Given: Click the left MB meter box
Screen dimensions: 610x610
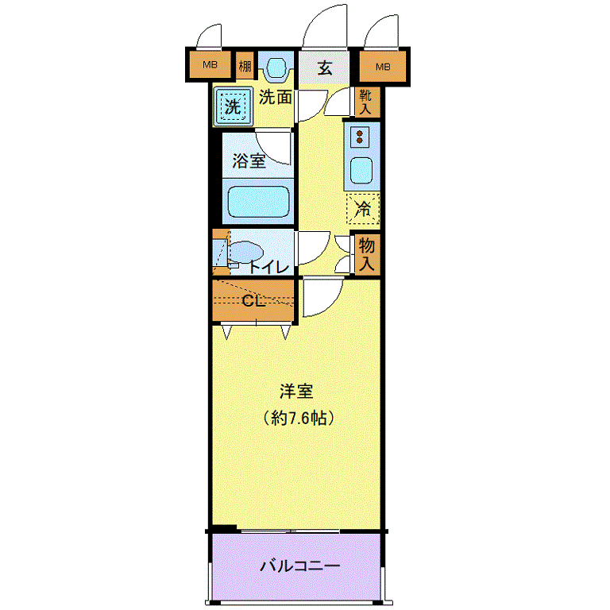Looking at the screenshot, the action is click(x=210, y=64).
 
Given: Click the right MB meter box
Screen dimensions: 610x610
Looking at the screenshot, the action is click(x=383, y=67).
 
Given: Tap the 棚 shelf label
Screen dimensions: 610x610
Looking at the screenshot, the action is click(x=245, y=65).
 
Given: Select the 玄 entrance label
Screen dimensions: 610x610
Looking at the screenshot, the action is click(x=325, y=68).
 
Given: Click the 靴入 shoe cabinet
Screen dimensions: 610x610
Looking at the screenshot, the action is click(x=365, y=102).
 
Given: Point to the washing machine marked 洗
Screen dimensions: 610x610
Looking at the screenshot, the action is click(x=232, y=106).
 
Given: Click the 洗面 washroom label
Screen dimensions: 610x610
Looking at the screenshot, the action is click(x=276, y=97).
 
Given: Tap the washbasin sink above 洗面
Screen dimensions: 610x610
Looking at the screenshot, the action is click(x=276, y=67).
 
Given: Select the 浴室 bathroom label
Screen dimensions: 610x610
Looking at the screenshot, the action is click(x=249, y=160).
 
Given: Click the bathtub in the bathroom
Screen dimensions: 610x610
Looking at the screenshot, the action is click(x=258, y=202).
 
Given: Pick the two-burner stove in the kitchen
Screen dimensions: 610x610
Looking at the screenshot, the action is click(x=360, y=136).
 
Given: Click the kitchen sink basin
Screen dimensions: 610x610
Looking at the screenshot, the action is click(x=361, y=171).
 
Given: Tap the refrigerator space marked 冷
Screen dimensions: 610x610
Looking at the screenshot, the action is click(x=362, y=209).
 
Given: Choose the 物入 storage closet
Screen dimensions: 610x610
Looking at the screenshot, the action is click(x=366, y=253).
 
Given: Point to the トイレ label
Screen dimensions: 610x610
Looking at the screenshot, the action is click(x=268, y=267).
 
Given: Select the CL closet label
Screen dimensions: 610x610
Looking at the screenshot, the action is click(x=253, y=301).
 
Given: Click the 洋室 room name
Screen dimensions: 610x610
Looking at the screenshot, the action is click(x=296, y=392).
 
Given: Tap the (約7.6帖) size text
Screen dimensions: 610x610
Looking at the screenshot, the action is click(x=299, y=419).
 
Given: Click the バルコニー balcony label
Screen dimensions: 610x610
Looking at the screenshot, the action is click(x=300, y=566).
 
